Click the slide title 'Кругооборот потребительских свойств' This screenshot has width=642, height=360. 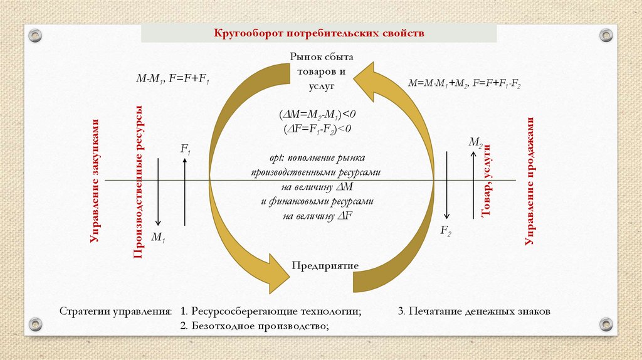(320, 33)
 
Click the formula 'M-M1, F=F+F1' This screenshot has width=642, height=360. (173, 79)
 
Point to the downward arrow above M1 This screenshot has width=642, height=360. (159, 191)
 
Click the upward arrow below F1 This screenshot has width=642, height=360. (185, 191)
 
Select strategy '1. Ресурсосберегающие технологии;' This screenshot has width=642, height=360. (270, 311)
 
